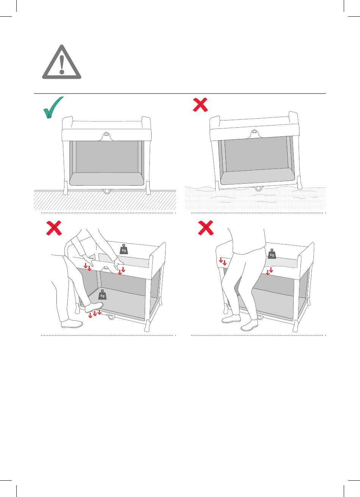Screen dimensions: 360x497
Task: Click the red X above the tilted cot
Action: (x=200, y=105)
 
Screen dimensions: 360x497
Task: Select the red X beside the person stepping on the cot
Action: (x=54, y=228)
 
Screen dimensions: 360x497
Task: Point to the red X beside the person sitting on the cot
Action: (x=206, y=228)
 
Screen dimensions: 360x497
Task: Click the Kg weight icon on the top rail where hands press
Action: (x=124, y=249)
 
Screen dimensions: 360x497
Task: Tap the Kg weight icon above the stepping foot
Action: (x=102, y=294)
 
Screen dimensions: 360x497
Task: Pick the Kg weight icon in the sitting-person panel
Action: (x=272, y=253)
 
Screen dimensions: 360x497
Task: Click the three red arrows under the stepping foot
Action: (x=95, y=313)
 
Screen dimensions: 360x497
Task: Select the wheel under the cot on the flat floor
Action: (x=107, y=191)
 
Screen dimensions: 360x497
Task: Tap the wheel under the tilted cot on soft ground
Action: (x=258, y=189)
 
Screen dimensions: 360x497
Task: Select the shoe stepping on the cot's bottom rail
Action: (x=94, y=307)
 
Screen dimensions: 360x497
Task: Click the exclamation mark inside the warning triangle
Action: (x=62, y=64)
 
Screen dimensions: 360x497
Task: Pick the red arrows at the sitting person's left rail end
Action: (x=222, y=261)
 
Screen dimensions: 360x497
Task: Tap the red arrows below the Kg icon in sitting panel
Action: (x=269, y=271)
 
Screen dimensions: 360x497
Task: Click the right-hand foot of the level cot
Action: (x=148, y=188)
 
